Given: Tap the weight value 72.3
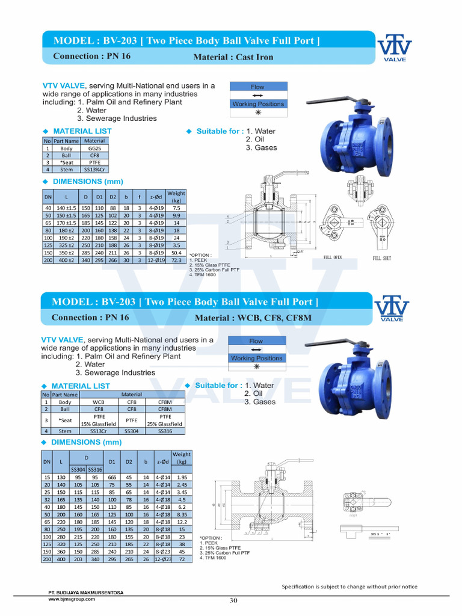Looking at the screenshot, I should pyautogui.click(x=176, y=262).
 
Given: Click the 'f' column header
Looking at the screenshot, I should pyautogui.click(x=138, y=197).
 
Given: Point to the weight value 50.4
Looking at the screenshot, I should pyautogui.click(x=176, y=254).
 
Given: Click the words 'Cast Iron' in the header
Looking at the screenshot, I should pyautogui.click(x=255, y=57).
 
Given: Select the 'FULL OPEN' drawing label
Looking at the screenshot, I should pyautogui.click(x=332, y=257).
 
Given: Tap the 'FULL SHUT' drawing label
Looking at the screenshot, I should pyautogui.click(x=382, y=258).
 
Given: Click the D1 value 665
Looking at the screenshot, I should pyautogui.click(x=112, y=477).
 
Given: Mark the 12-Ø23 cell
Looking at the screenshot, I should pyautogui.click(x=162, y=559).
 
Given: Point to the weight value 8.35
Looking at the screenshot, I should pyautogui.click(x=182, y=515).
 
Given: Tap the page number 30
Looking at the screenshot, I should pyautogui.click(x=234, y=600).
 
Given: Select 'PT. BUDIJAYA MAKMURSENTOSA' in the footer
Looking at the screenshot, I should pyautogui.click(x=85, y=593).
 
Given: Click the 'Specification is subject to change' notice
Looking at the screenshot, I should pyautogui.click(x=350, y=587).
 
